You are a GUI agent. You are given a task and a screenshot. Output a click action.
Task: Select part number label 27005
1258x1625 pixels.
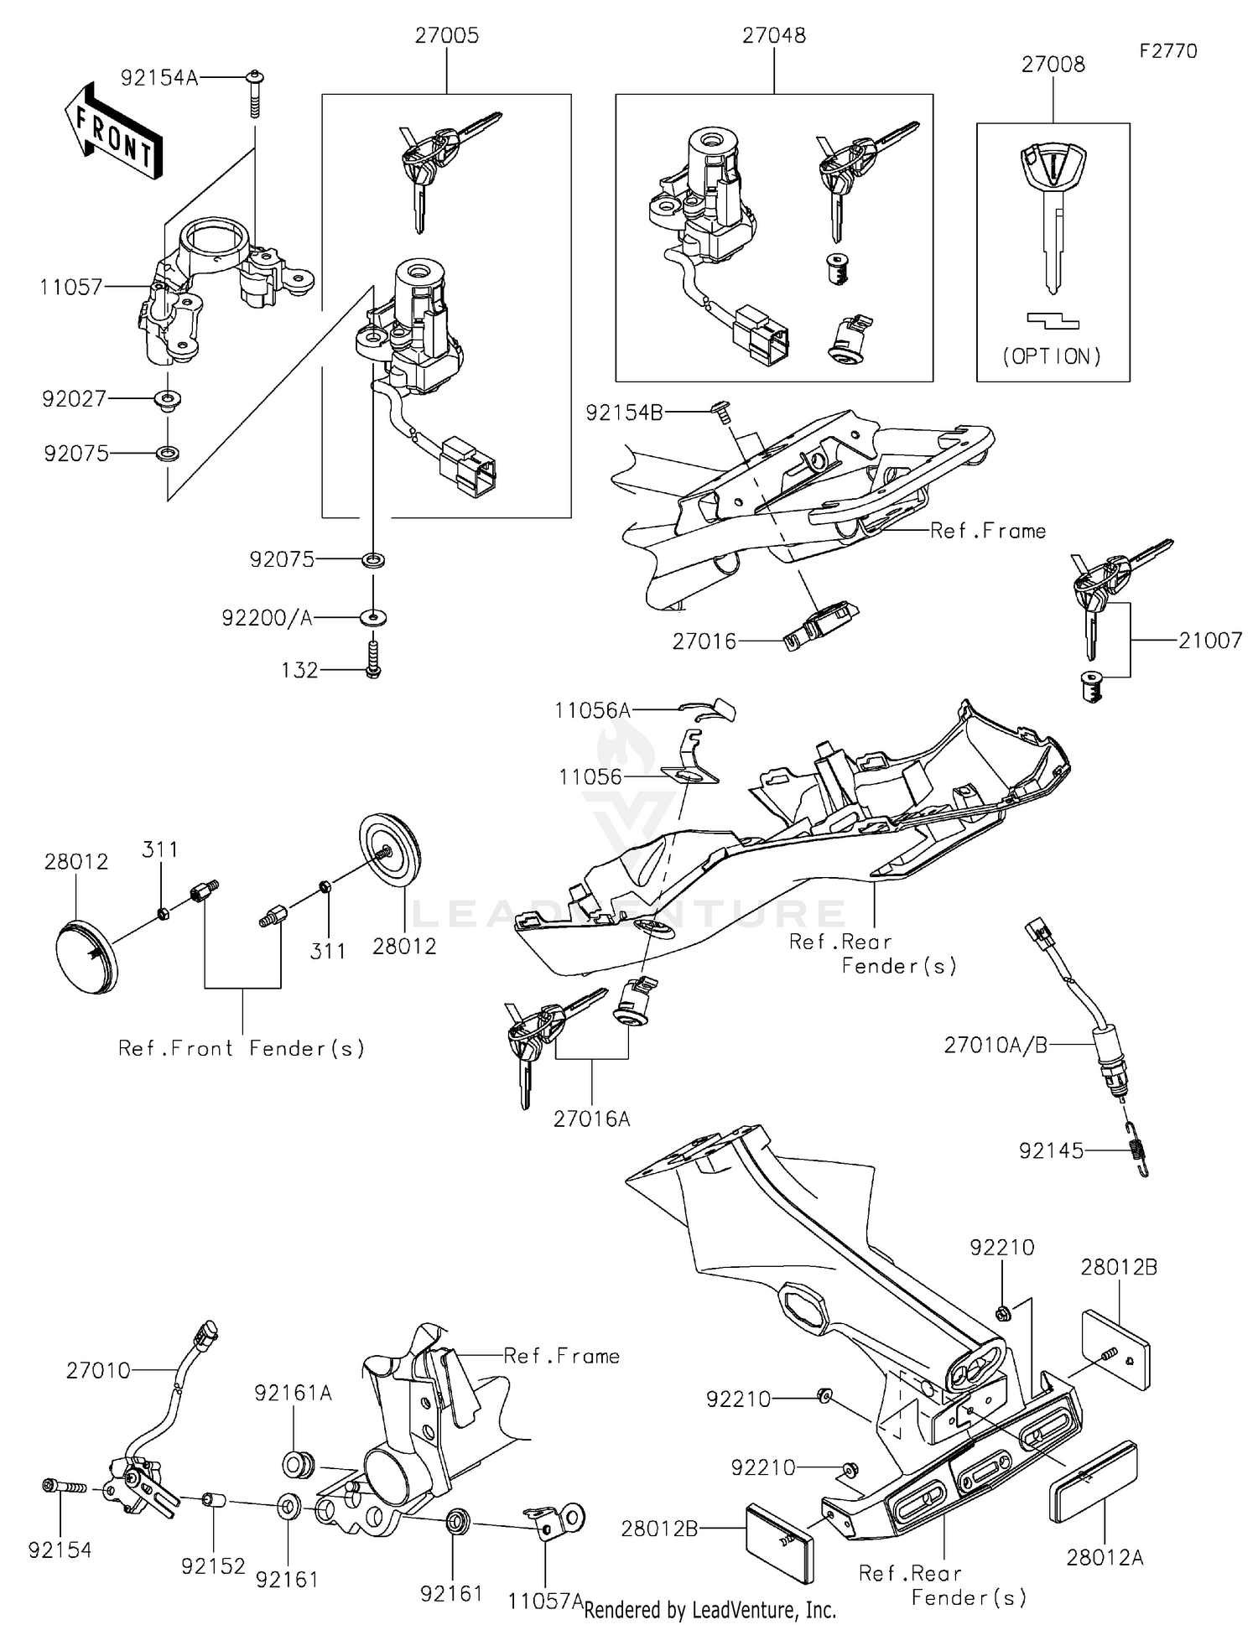tap(447, 36)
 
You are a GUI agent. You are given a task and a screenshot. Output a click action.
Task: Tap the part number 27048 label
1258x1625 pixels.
tap(773, 35)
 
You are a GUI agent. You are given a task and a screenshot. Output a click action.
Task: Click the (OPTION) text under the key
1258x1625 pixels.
tap(1053, 356)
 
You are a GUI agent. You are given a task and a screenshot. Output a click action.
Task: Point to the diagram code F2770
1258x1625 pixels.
tap(1168, 51)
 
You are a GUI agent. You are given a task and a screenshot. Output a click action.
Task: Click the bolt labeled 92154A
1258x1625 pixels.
tap(253, 95)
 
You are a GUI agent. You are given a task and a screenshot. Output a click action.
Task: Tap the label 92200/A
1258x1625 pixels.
tap(267, 618)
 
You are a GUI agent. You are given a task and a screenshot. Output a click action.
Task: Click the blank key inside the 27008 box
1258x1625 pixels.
tap(1053, 210)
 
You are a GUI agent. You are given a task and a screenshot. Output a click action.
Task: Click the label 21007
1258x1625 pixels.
tap(1209, 641)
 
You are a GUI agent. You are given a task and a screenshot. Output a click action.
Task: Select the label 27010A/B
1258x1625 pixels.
tap(995, 1045)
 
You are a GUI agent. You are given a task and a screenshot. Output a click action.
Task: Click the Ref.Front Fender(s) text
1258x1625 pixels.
tap(242, 1048)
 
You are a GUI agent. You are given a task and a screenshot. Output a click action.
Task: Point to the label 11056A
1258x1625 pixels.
tap(592, 710)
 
